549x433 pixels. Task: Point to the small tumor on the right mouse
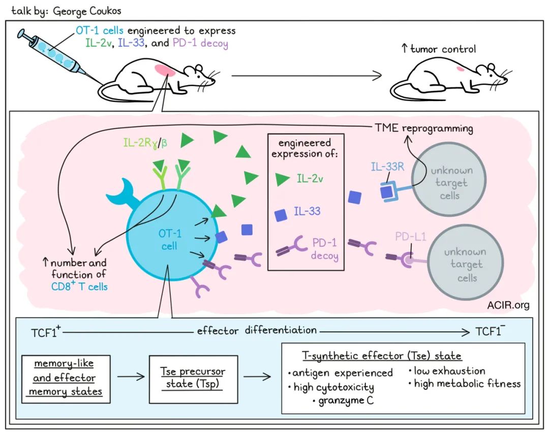[461, 69]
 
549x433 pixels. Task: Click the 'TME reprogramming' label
[424, 128]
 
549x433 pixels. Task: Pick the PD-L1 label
[410, 237]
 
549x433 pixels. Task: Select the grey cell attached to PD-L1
[464, 264]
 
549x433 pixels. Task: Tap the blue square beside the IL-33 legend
[281, 215]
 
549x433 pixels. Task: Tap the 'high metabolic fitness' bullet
[467, 384]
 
